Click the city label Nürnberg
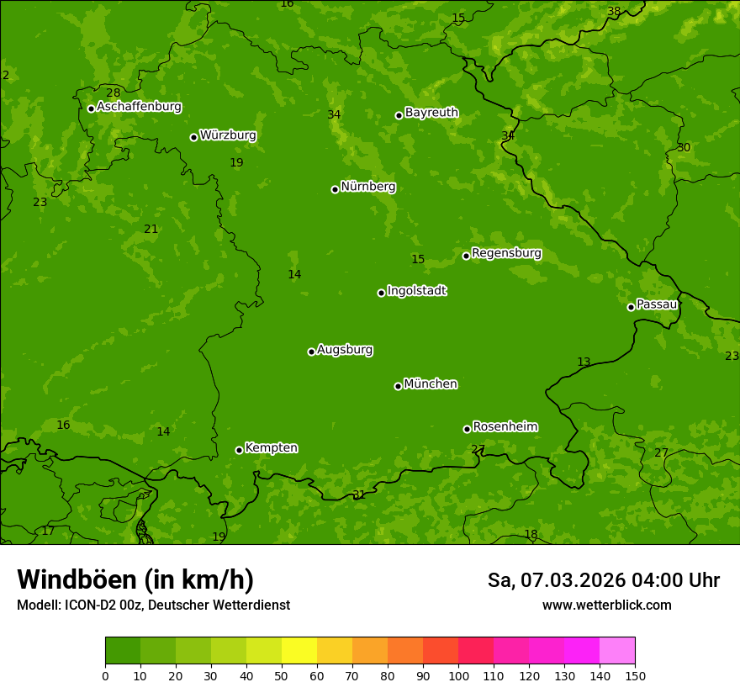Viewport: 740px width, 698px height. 367,187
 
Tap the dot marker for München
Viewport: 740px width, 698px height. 398,386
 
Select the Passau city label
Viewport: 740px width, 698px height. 657,304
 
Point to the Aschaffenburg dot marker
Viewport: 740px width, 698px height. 91,108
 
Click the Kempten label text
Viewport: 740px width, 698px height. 271,447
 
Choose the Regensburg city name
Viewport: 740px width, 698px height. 506,253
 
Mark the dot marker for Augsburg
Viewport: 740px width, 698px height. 311,352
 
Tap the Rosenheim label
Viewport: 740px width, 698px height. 505,426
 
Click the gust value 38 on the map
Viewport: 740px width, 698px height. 614,11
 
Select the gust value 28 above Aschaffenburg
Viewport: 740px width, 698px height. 113,93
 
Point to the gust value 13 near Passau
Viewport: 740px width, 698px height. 584,362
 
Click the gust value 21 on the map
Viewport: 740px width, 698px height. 151,229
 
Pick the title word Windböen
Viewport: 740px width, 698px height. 77,579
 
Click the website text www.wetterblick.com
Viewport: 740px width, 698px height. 606,605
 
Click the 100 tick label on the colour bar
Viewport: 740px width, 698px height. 458,675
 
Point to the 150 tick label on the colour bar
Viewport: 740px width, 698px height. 635,675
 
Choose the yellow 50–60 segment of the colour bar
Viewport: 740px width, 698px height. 299,651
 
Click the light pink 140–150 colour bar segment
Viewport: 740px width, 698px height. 617,651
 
